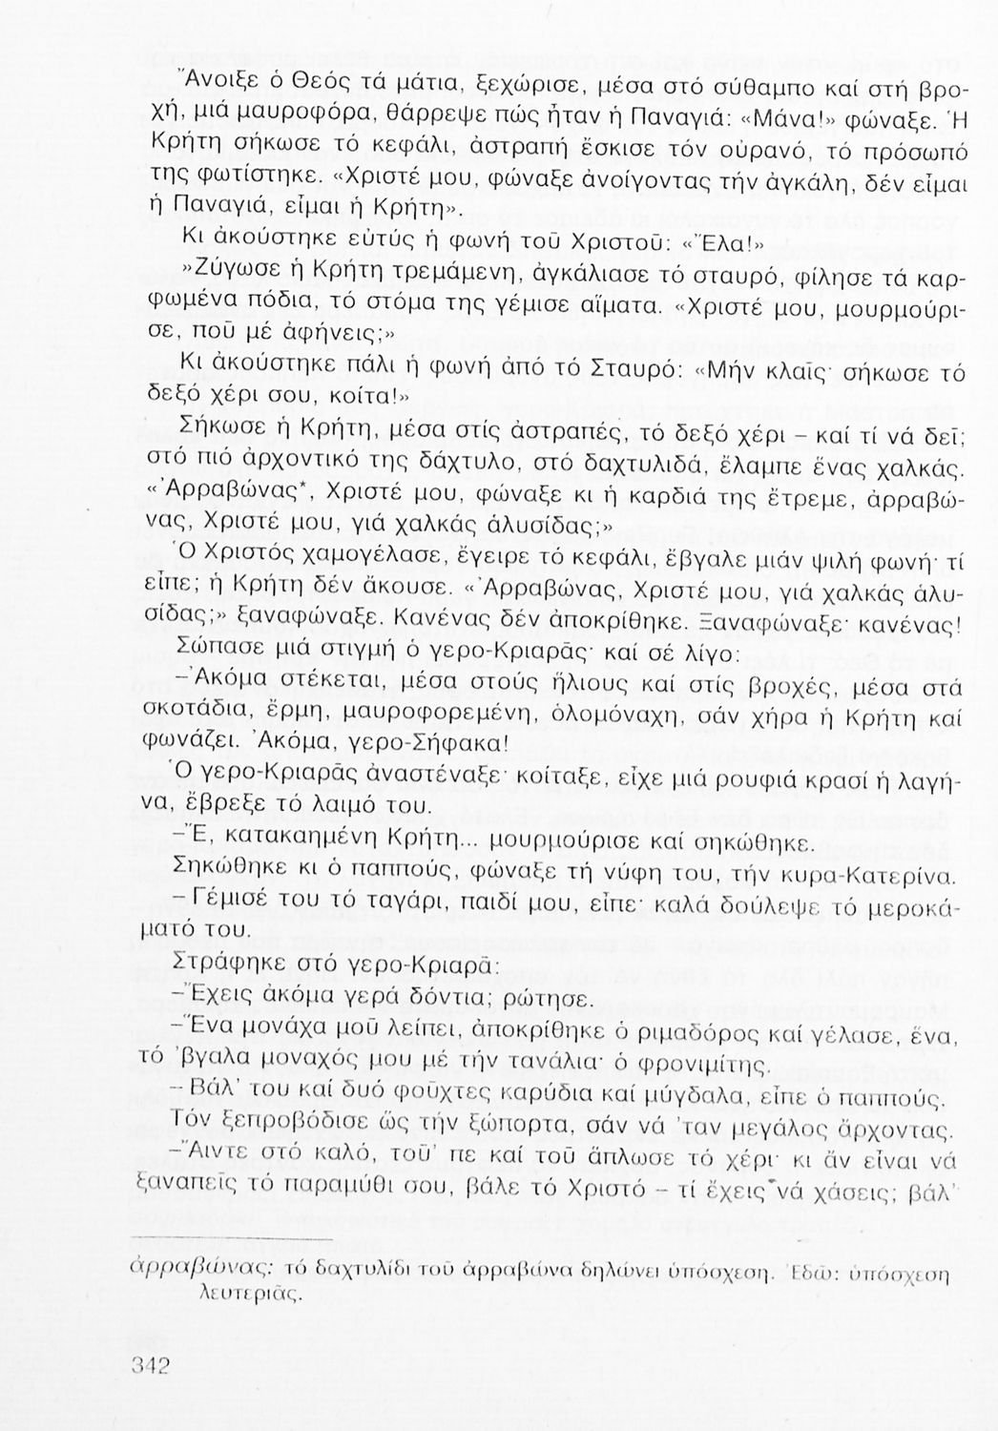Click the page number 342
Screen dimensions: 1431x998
(149, 1366)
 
